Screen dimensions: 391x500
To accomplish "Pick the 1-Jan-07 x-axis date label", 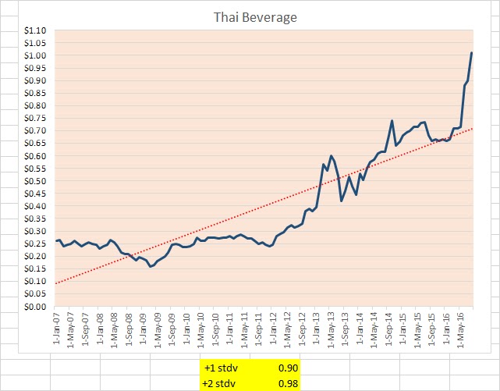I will (x=57, y=330).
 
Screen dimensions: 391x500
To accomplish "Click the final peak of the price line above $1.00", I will (x=471, y=53).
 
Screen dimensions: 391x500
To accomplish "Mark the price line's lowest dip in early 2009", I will (x=151, y=266).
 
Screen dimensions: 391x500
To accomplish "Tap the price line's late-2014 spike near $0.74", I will (x=392, y=121).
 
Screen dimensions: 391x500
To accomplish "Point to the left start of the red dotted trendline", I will (x=56, y=283).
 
